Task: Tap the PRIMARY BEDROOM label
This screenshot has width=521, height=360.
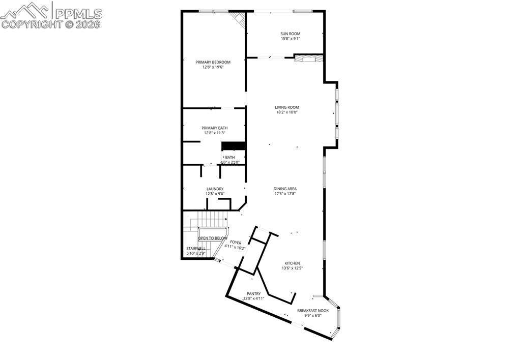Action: [213, 62]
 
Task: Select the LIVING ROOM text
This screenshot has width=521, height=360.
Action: [286, 107]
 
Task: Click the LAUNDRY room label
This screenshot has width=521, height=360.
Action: [215, 189]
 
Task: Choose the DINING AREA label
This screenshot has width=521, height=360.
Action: [285, 189]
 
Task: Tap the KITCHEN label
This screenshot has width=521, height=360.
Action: [292, 263]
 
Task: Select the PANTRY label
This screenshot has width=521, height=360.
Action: [254, 293]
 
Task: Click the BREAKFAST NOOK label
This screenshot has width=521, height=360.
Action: [313, 310]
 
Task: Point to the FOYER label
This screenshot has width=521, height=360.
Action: [236, 243]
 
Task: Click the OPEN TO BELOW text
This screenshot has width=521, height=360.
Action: [213, 238]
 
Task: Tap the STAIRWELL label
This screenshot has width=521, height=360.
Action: [196, 249]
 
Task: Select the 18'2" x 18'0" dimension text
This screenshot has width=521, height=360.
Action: [286, 112]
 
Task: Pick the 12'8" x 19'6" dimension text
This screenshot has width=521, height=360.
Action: [213, 67]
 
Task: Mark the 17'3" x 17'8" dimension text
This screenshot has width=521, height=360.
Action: [285, 193]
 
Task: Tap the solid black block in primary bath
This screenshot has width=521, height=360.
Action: [234, 146]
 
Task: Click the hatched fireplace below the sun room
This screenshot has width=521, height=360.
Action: [309, 58]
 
